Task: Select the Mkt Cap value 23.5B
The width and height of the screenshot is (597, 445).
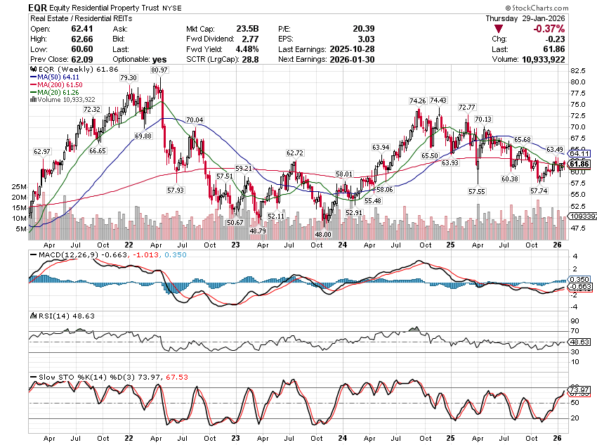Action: point(247,28)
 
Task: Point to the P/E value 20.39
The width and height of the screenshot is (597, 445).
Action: point(342,28)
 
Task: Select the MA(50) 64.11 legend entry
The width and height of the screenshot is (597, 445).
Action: point(60,77)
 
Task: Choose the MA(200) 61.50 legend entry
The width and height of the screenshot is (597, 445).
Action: point(63,84)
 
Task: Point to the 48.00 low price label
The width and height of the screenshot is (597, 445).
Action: point(322,235)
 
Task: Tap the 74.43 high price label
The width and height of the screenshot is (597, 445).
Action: point(438,101)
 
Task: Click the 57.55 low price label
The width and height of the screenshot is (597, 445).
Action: point(477,191)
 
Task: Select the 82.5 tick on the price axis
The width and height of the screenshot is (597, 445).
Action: point(579,71)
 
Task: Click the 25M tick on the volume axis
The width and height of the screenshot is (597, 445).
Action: point(19,186)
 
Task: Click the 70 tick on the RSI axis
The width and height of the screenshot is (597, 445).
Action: point(573,330)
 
